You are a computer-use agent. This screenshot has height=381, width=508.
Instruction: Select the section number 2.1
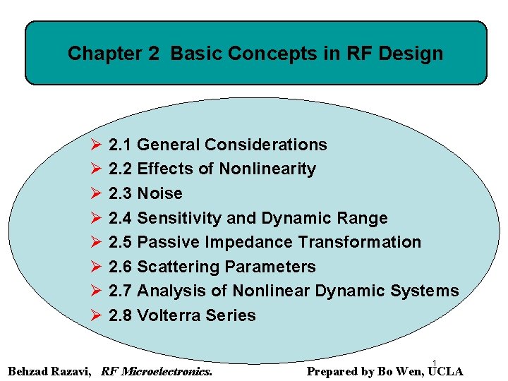click(x=121, y=145)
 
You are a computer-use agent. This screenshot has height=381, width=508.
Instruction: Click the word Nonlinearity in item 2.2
click(x=267, y=169)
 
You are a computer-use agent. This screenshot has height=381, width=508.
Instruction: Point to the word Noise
click(x=159, y=193)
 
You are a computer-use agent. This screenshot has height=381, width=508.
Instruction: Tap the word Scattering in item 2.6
click(x=179, y=267)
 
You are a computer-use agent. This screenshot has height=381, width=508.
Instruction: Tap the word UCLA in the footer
click(x=445, y=371)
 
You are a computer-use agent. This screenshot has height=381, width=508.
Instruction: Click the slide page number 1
click(x=435, y=363)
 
